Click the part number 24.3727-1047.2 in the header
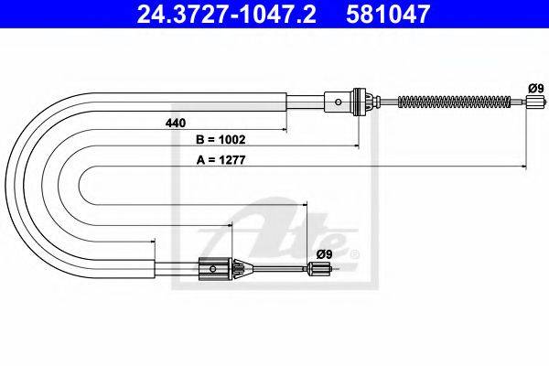pyautogui.click(x=227, y=14)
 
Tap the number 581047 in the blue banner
pyautogui.click(x=388, y=14)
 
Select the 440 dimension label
pyautogui.click(x=176, y=124)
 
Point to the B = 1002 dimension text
pyautogui.click(x=221, y=140)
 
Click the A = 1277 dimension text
pyautogui.click(x=221, y=160)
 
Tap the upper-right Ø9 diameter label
pyautogui.click(x=536, y=88)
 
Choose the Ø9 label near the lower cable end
pyautogui.click(x=324, y=254)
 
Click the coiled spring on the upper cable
pyautogui.click(x=454, y=102)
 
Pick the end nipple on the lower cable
pyautogui.click(x=319, y=269)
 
